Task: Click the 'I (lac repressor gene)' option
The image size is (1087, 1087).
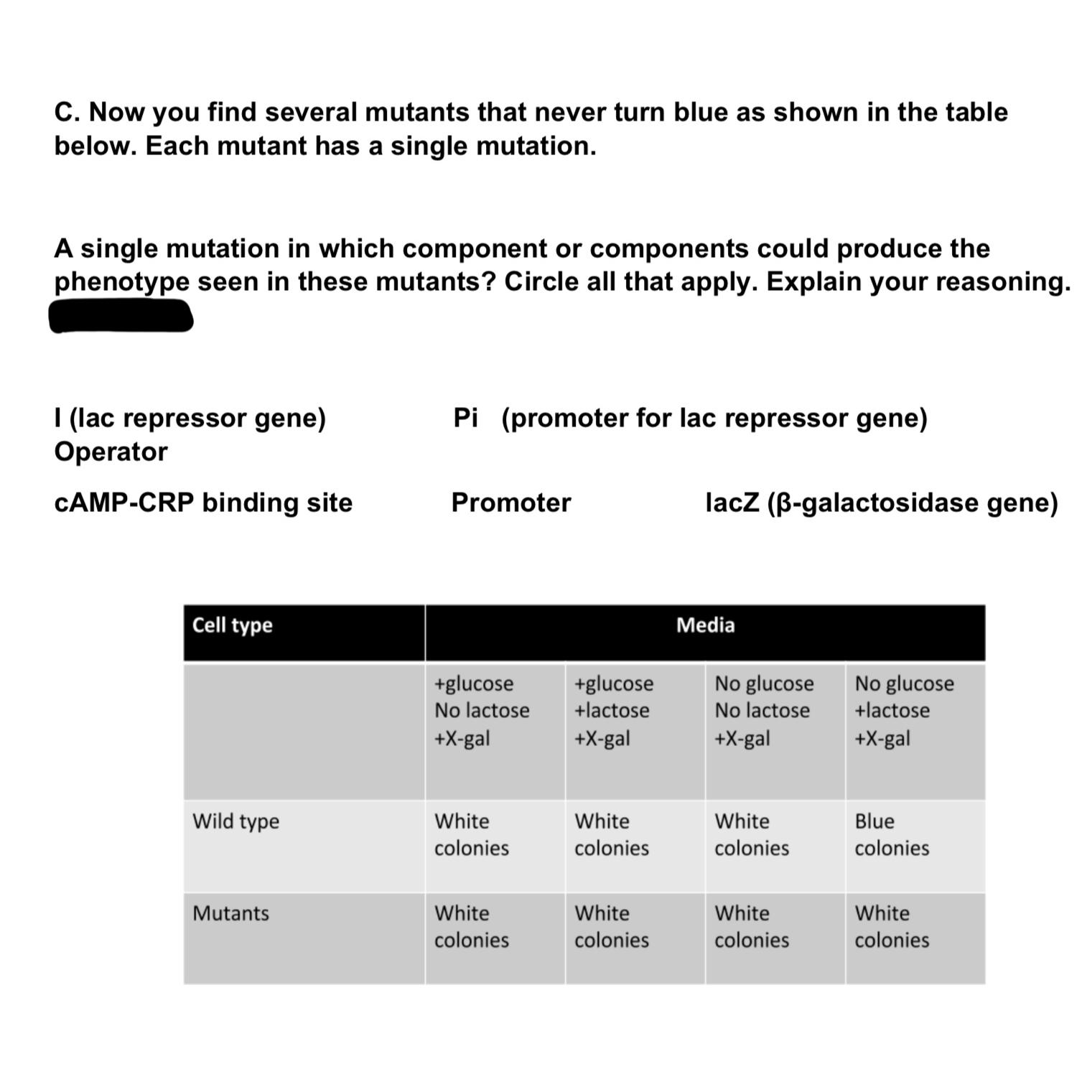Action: [190, 418]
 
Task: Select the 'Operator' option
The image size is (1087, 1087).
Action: [111, 452]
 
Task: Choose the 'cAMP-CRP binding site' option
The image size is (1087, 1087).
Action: [203, 503]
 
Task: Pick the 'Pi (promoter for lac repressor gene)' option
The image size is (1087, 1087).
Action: [689, 418]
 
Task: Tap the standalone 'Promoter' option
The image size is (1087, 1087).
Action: [510, 503]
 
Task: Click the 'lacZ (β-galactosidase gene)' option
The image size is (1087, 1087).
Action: [881, 503]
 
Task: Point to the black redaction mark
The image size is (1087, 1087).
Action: [121, 316]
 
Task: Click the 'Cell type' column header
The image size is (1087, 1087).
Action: [232, 625]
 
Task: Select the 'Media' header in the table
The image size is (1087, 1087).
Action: [705, 625]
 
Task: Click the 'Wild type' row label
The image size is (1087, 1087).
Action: [235, 821]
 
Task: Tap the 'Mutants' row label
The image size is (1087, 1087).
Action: [230, 913]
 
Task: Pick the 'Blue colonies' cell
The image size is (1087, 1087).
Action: [891, 834]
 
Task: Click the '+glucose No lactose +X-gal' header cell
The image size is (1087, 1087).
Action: [481, 710]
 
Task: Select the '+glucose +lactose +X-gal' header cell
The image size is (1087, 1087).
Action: [614, 710]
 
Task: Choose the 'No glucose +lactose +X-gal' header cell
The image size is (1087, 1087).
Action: [904, 710]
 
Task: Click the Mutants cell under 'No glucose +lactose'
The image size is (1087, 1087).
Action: [891, 926]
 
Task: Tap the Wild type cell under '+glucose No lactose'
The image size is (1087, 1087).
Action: [471, 834]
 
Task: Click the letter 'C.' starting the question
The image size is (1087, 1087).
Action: [68, 113]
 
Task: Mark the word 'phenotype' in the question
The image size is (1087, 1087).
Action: [121, 281]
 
